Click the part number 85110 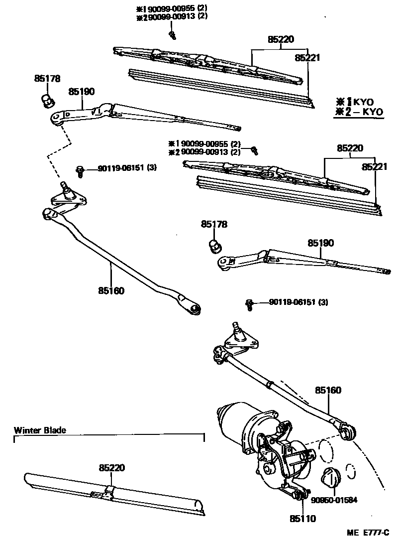click(302, 518)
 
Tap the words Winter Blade click(40, 430)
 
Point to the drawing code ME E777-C click(368, 533)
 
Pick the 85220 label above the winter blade click(111, 468)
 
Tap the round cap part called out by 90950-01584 click(330, 478)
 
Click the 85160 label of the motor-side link click(328, 390)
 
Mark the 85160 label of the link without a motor click(111, 290)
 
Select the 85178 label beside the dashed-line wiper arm click(47, 78)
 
